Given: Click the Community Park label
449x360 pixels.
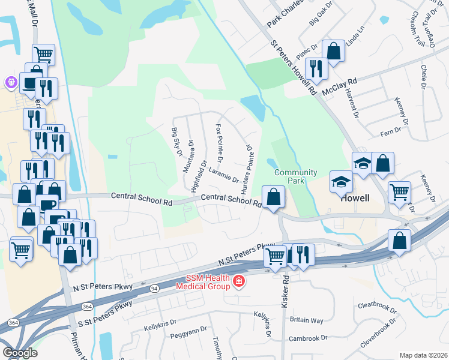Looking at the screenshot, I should coord(295,177).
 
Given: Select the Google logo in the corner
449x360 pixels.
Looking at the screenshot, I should coord(20,353).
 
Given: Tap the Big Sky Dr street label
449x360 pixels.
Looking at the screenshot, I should coord(177,142).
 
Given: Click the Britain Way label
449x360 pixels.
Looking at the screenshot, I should coord(306,320).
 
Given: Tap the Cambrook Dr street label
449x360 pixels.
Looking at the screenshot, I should coord(308,338).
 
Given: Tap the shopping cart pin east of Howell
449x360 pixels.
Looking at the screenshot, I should coord(399,192).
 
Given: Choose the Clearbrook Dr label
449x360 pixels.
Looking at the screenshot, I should coord(377,308).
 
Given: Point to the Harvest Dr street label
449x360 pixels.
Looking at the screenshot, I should coord(351,103).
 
